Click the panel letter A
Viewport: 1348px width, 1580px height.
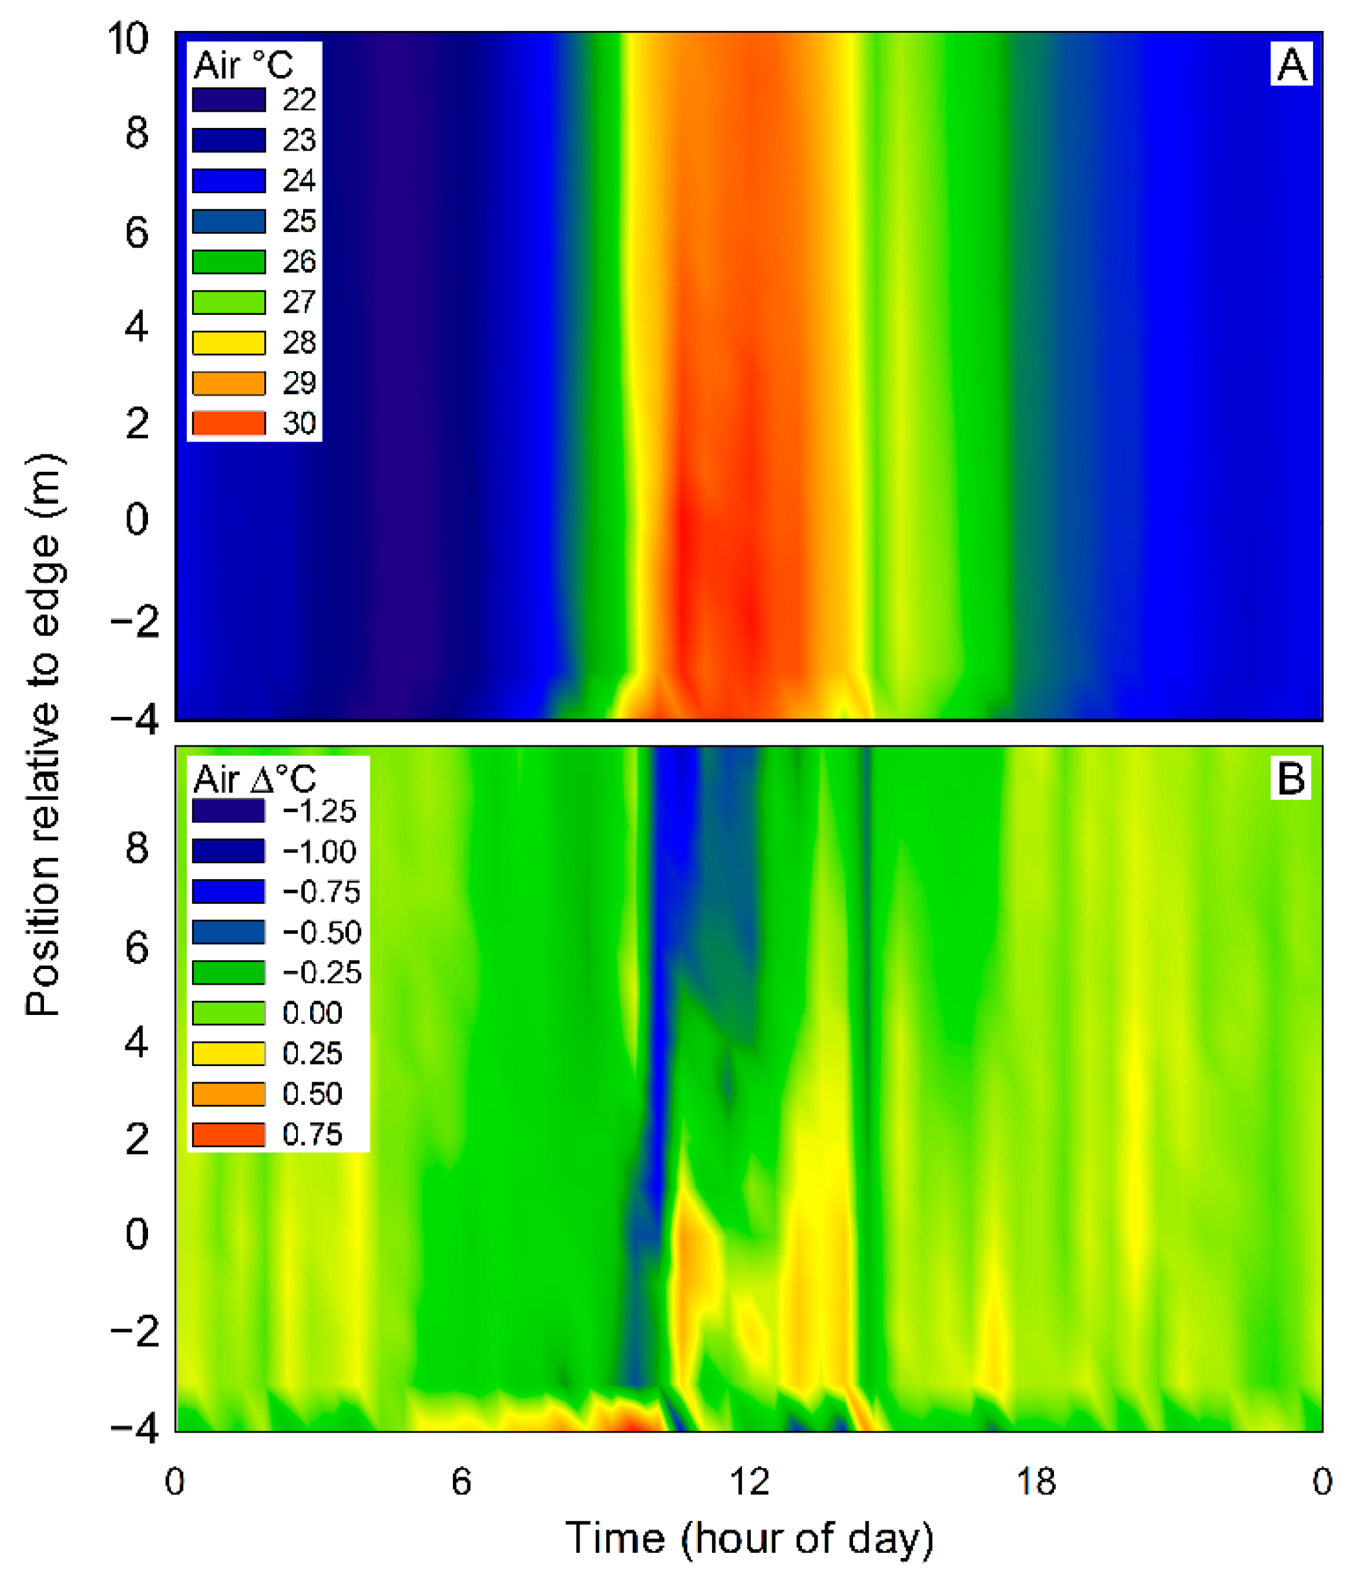(1291, 65)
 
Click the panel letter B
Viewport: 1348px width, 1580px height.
(1290, 778)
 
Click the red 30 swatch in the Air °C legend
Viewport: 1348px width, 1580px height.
(229, 422)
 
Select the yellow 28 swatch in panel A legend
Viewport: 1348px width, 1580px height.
(229, 343)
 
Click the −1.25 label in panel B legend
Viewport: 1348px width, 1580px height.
(319, 811)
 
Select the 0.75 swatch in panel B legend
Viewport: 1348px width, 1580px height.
(229, 1134)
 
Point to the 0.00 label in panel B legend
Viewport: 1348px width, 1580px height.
(312, 1012)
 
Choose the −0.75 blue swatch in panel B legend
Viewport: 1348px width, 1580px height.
(229, 891)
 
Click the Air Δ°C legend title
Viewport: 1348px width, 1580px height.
(254, 779)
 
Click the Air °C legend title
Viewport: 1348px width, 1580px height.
(242, 65)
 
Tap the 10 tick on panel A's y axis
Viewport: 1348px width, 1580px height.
(127, 38)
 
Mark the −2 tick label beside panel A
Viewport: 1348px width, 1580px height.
(135, 621)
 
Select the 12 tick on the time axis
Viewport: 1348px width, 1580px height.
(749, 1482)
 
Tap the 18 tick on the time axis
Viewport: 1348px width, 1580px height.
(1035, 1482)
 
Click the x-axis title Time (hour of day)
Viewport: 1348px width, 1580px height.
(749, 1538)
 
